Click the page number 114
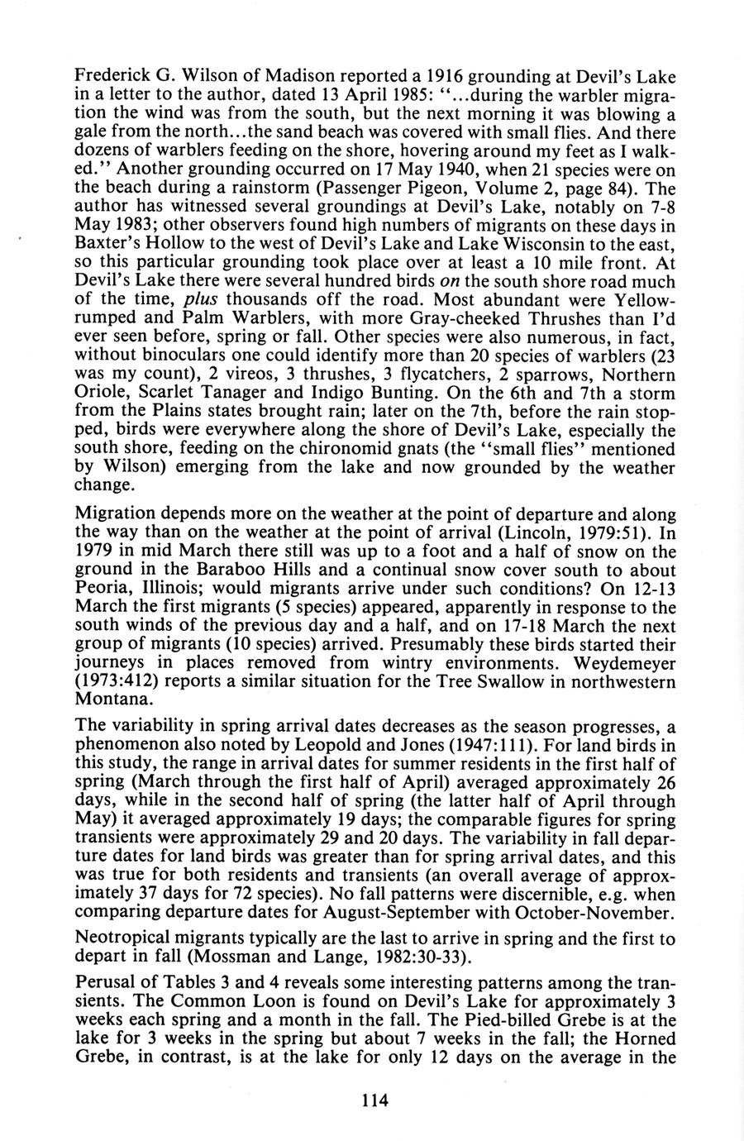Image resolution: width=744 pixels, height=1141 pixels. coord(374,1100)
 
